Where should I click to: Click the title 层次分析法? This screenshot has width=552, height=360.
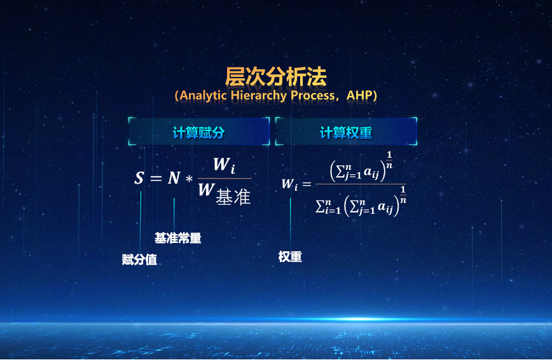pyautogui.click(x=275, y=76)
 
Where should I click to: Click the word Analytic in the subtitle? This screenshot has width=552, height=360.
pyautogui.click(x=205, y=95)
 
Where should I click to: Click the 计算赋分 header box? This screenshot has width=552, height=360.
pyautogui.click(x=199, y=132)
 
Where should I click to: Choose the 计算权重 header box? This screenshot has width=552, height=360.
pyautogui.click(x=346, y=132)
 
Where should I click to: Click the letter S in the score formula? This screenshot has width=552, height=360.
pyautogui.click(x=139, y=179)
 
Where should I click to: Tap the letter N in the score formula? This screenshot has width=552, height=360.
pyautogui.click(x=174, y=179)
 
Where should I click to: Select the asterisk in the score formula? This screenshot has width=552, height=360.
pyautogui.click(x=188, y=179)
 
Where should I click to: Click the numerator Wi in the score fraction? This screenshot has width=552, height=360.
pyautogui.click(x=223, y=165)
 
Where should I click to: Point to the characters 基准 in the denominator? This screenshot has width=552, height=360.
pyautogui.click(x=233, y=197)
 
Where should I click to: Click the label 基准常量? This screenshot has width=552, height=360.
pyautogui.click(x=178, y=239)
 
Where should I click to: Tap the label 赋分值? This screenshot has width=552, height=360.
pyautogui.click(x=139, y=260)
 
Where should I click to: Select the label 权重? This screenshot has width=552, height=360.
pyautogui.click(x=290, y=257)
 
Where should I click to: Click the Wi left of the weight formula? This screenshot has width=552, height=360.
pyautogui.click(x=289, y=184)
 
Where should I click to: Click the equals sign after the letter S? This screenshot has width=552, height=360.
pyautogui.click(x=156, y=179)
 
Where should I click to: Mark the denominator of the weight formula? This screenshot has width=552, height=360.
pyautogui.click(x=361, y=203)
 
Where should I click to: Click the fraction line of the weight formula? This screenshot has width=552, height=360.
pyautogui.click(x=361, y=184)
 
